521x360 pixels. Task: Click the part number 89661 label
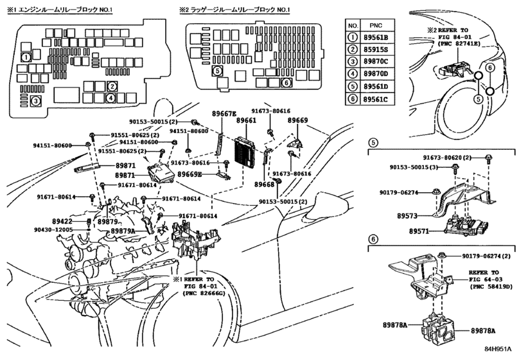[x=246, y=120]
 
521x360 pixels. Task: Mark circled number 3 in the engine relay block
[x=37, y=100]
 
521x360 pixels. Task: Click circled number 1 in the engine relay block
[x=25, y=57]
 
